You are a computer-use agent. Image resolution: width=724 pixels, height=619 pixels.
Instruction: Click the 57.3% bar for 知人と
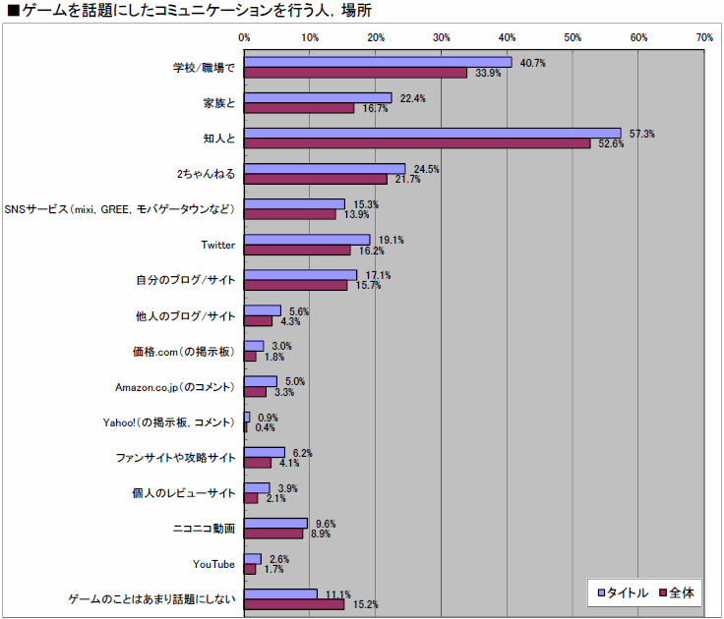click(x=433, y=133)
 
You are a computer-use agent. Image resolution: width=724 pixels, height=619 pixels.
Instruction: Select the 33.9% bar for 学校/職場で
click(x=355, y=73)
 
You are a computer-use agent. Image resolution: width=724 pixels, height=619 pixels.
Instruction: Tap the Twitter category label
click(x=216, y=245)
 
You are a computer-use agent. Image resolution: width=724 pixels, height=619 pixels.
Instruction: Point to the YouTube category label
click(x=213, y=564)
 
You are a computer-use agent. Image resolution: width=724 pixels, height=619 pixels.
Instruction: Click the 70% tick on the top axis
click(x=703, y=37)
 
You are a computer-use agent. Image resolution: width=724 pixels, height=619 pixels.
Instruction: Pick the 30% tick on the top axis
click(x=441, y=37)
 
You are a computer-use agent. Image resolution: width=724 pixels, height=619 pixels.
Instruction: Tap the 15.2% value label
click(x=365, y=604)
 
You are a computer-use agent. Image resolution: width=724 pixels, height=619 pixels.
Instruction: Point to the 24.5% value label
click(x=425, y=169)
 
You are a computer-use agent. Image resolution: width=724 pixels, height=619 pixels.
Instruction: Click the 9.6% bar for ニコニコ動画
click(x=275, y=523)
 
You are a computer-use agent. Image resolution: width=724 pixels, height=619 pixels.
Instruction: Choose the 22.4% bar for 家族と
click(x=318, y=97)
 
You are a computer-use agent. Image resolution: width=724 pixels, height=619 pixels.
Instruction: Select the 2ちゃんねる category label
click(x=206, y=174)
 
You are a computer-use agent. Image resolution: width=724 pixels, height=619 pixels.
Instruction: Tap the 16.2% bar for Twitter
click(x=297, y=251)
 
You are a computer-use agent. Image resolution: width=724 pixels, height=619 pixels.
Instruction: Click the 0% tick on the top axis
click(x=244, y=37)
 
